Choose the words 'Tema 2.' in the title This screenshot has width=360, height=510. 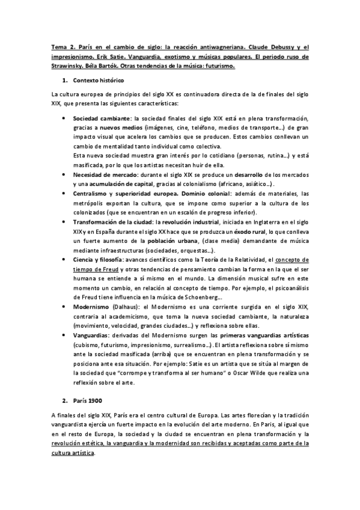pos(62,48)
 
